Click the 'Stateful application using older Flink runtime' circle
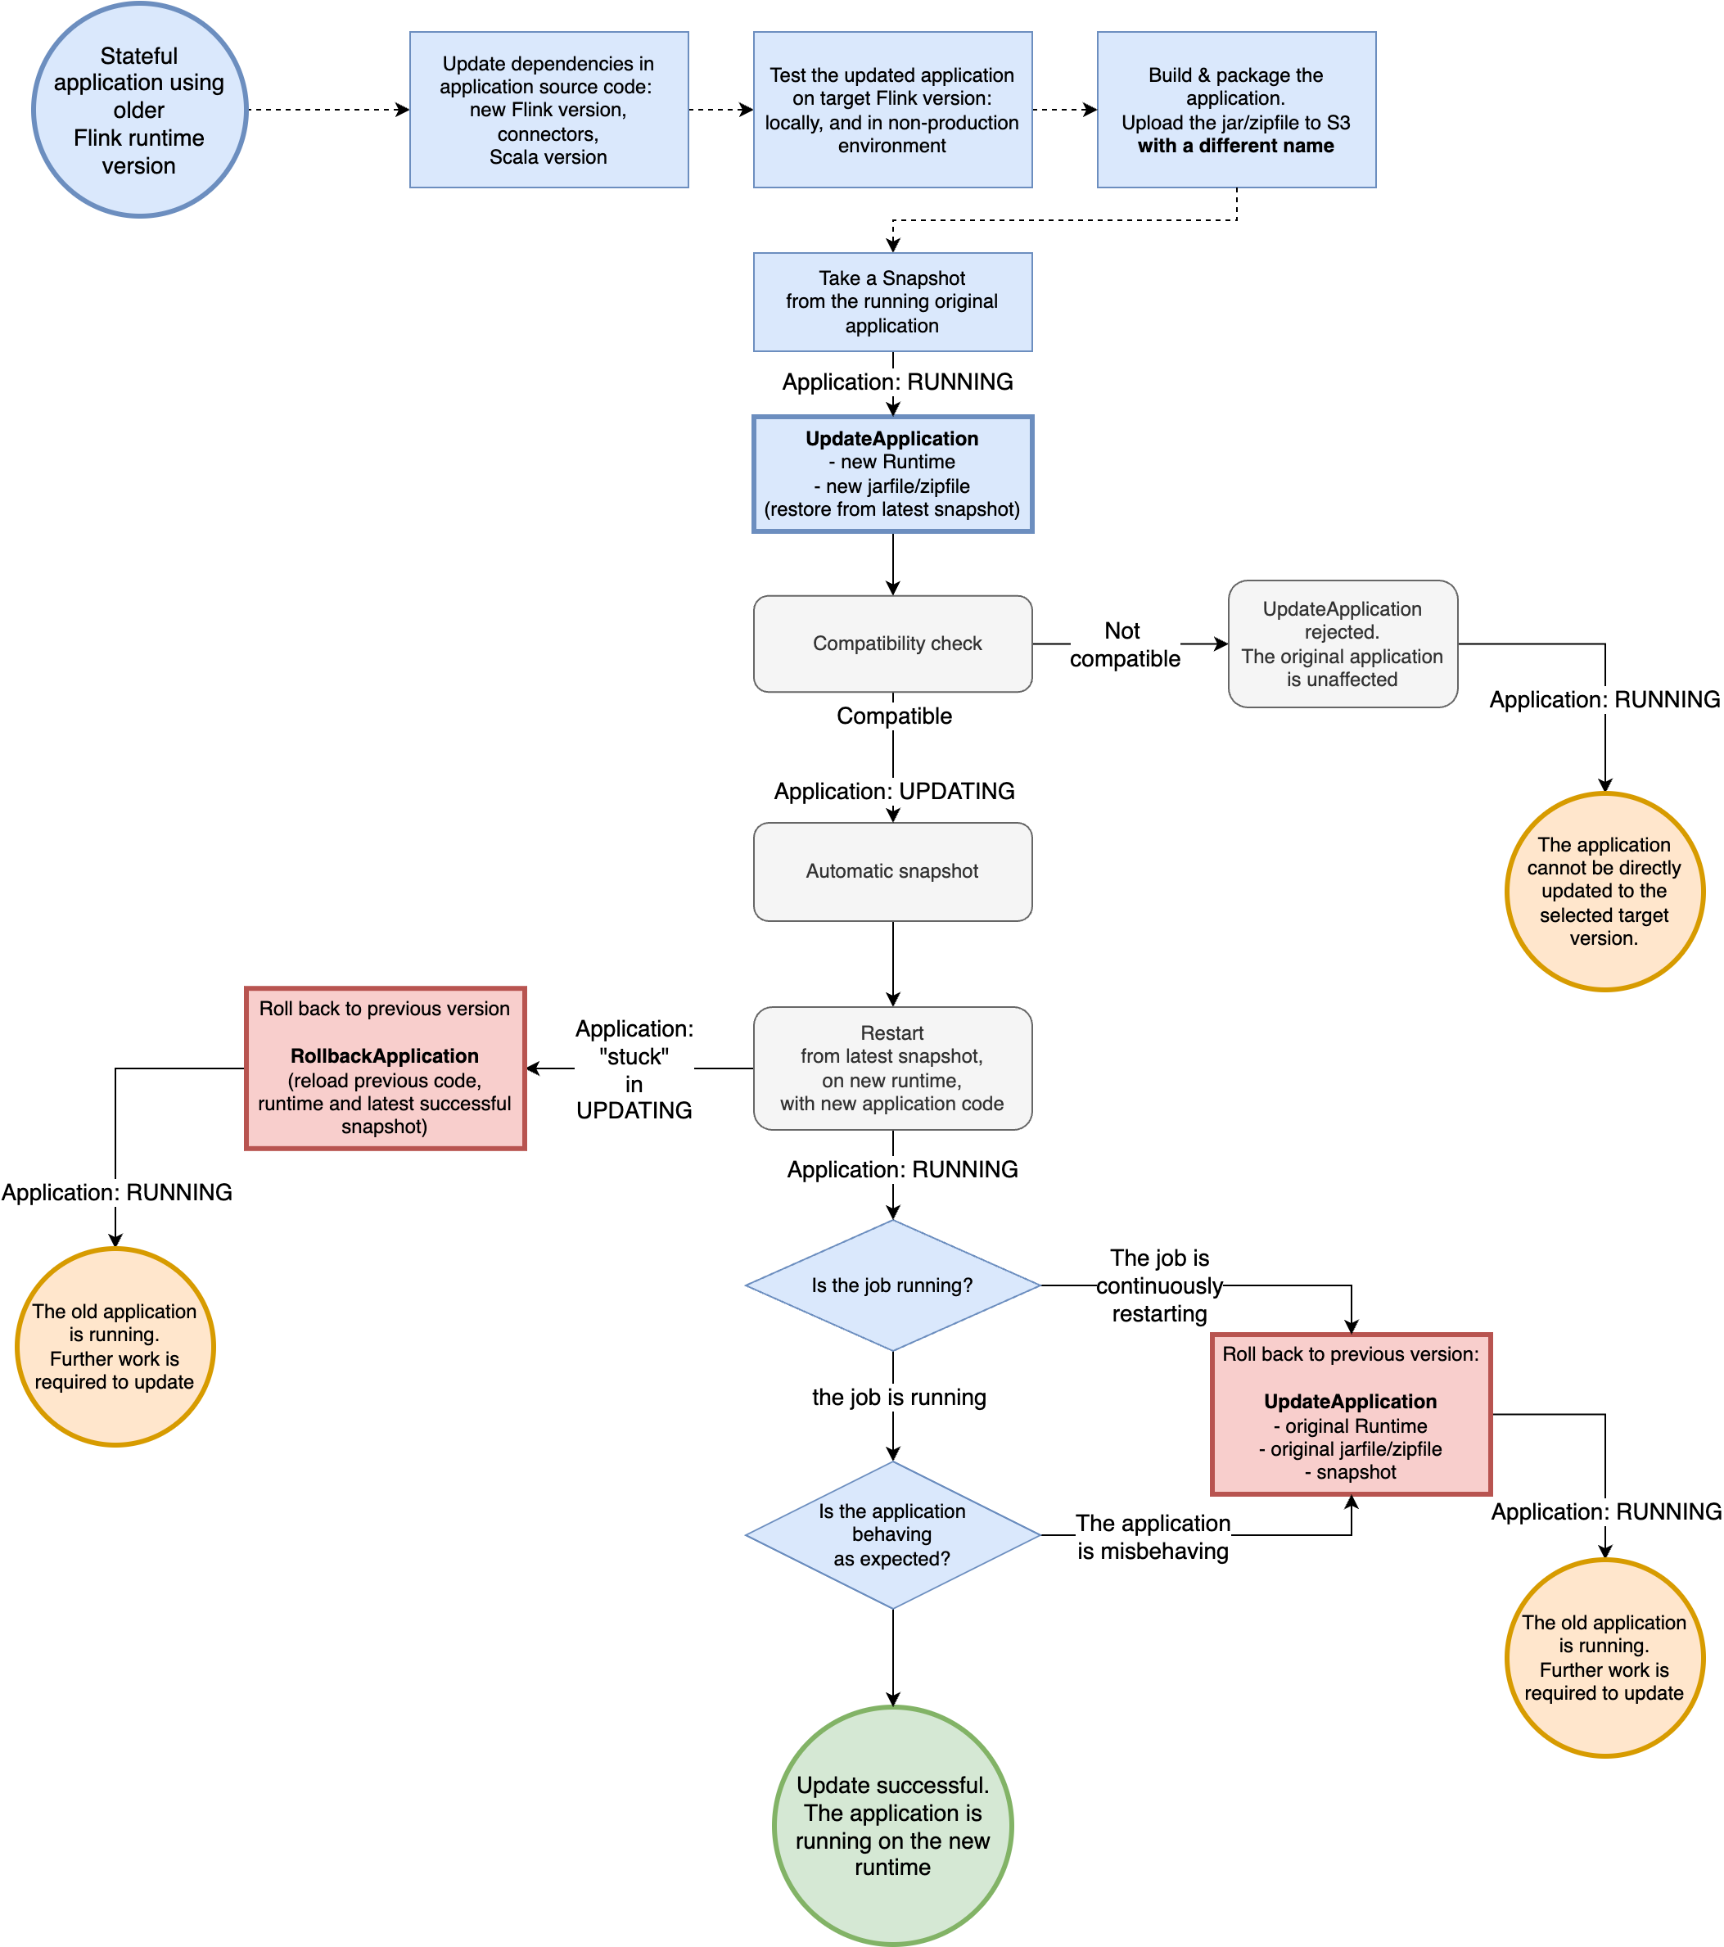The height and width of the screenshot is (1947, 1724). (139, 110)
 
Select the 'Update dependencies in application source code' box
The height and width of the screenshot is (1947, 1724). (548, 110)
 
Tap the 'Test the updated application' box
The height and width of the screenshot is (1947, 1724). (891, 110)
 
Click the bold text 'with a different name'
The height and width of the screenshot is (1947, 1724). (1235, 146)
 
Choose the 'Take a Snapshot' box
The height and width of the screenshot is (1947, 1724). (891, 301)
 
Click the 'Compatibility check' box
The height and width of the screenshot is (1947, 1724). (891, 643)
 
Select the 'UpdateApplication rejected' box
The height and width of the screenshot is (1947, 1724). (1342, 643)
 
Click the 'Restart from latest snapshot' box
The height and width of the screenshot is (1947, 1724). (891, 1068)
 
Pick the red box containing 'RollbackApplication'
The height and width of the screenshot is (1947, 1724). (385, 1068)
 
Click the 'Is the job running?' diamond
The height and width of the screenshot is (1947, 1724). (891, 1285)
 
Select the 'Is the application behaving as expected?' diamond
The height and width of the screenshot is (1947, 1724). (891, 1534)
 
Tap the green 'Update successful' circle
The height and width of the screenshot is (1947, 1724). (891, 1825)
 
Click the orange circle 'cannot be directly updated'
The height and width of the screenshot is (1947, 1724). (1604, 891)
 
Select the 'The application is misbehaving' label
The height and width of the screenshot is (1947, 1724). (1153, 1537)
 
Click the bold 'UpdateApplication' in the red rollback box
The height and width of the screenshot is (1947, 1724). (1350, 1401)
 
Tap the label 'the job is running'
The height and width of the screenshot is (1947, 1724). (898, 1397)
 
